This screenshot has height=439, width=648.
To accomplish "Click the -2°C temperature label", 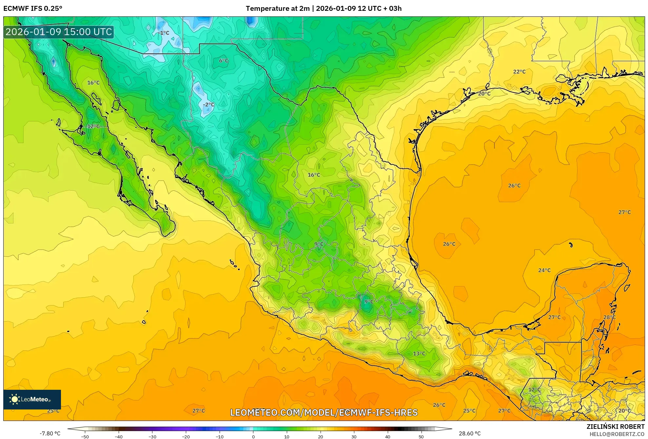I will pyautogui.click(x=208, y=105).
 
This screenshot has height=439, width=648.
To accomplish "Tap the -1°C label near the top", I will pyautogui.click(x=163, y=33).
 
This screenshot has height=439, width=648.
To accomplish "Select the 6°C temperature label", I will pyautogui.click(x=224, y=61).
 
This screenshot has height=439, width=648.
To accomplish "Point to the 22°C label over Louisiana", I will pyautogui.click(x=519, y=72).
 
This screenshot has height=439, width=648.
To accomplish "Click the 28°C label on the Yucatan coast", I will pyautogui.click(x=609, y=317).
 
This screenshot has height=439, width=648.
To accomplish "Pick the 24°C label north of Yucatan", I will pyautogui.click(x=544, y=270).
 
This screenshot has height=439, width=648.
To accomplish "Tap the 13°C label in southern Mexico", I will pyautogui.click(x=419, y=353).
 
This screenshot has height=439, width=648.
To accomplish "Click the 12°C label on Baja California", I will pyautogui.click(x=93, y=126).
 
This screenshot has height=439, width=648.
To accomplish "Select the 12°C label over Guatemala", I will pyautogui.click(x=534, y=390).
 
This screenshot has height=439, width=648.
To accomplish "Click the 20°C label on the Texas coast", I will pyautogui.click(x=484, y=94).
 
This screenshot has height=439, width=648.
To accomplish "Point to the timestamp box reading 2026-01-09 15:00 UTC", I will pyautogui.click(x=59, y=32).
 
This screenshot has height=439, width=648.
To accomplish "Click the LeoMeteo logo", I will pyautogui.click(x=32, y=399).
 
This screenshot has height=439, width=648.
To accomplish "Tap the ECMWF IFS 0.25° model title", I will pyautogui.click(x=33, y=9).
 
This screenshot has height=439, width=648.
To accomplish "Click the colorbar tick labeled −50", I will pyautogui.click(x=85, y=436).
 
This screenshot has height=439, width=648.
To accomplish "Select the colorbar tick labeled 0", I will pyautogui.click(x=253, y=436).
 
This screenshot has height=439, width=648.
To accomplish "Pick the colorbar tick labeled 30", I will pyautogui.click(x=354, y=436).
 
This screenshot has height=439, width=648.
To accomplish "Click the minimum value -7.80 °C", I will pyautogui.click(x=50, y=433).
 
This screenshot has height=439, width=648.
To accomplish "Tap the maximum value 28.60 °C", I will pyautogui.click(x=469, y=433).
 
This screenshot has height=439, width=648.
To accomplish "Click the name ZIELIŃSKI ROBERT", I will pyautogui.click(x=615, y=427).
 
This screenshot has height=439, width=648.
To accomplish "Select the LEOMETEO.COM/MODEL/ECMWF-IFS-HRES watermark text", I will pyautogui.click(x=324, y=412).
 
